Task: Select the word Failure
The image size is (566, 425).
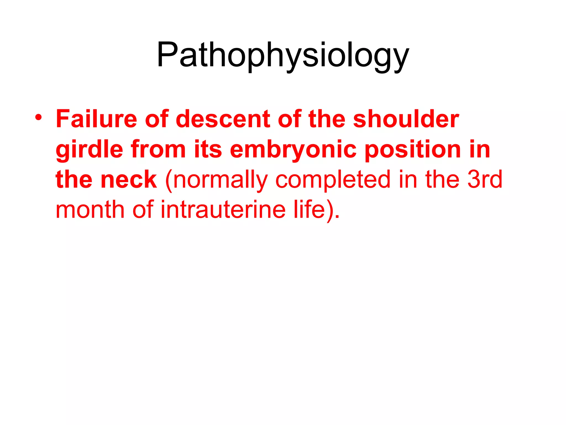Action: tap(96, 119)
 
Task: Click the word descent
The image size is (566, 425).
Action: tap(222, 119)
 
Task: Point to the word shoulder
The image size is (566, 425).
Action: tap(406, 119)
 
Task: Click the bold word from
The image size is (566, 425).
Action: tap(158, 149)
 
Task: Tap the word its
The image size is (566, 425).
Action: tap(208, 149)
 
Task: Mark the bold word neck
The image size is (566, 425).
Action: tap(129, 180)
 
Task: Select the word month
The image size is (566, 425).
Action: tap(90, 210)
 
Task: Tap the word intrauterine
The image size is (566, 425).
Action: tap(223, 210)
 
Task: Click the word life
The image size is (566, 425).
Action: tap(309, 209)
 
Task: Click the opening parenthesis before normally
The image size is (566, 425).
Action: tap(168, 181)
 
